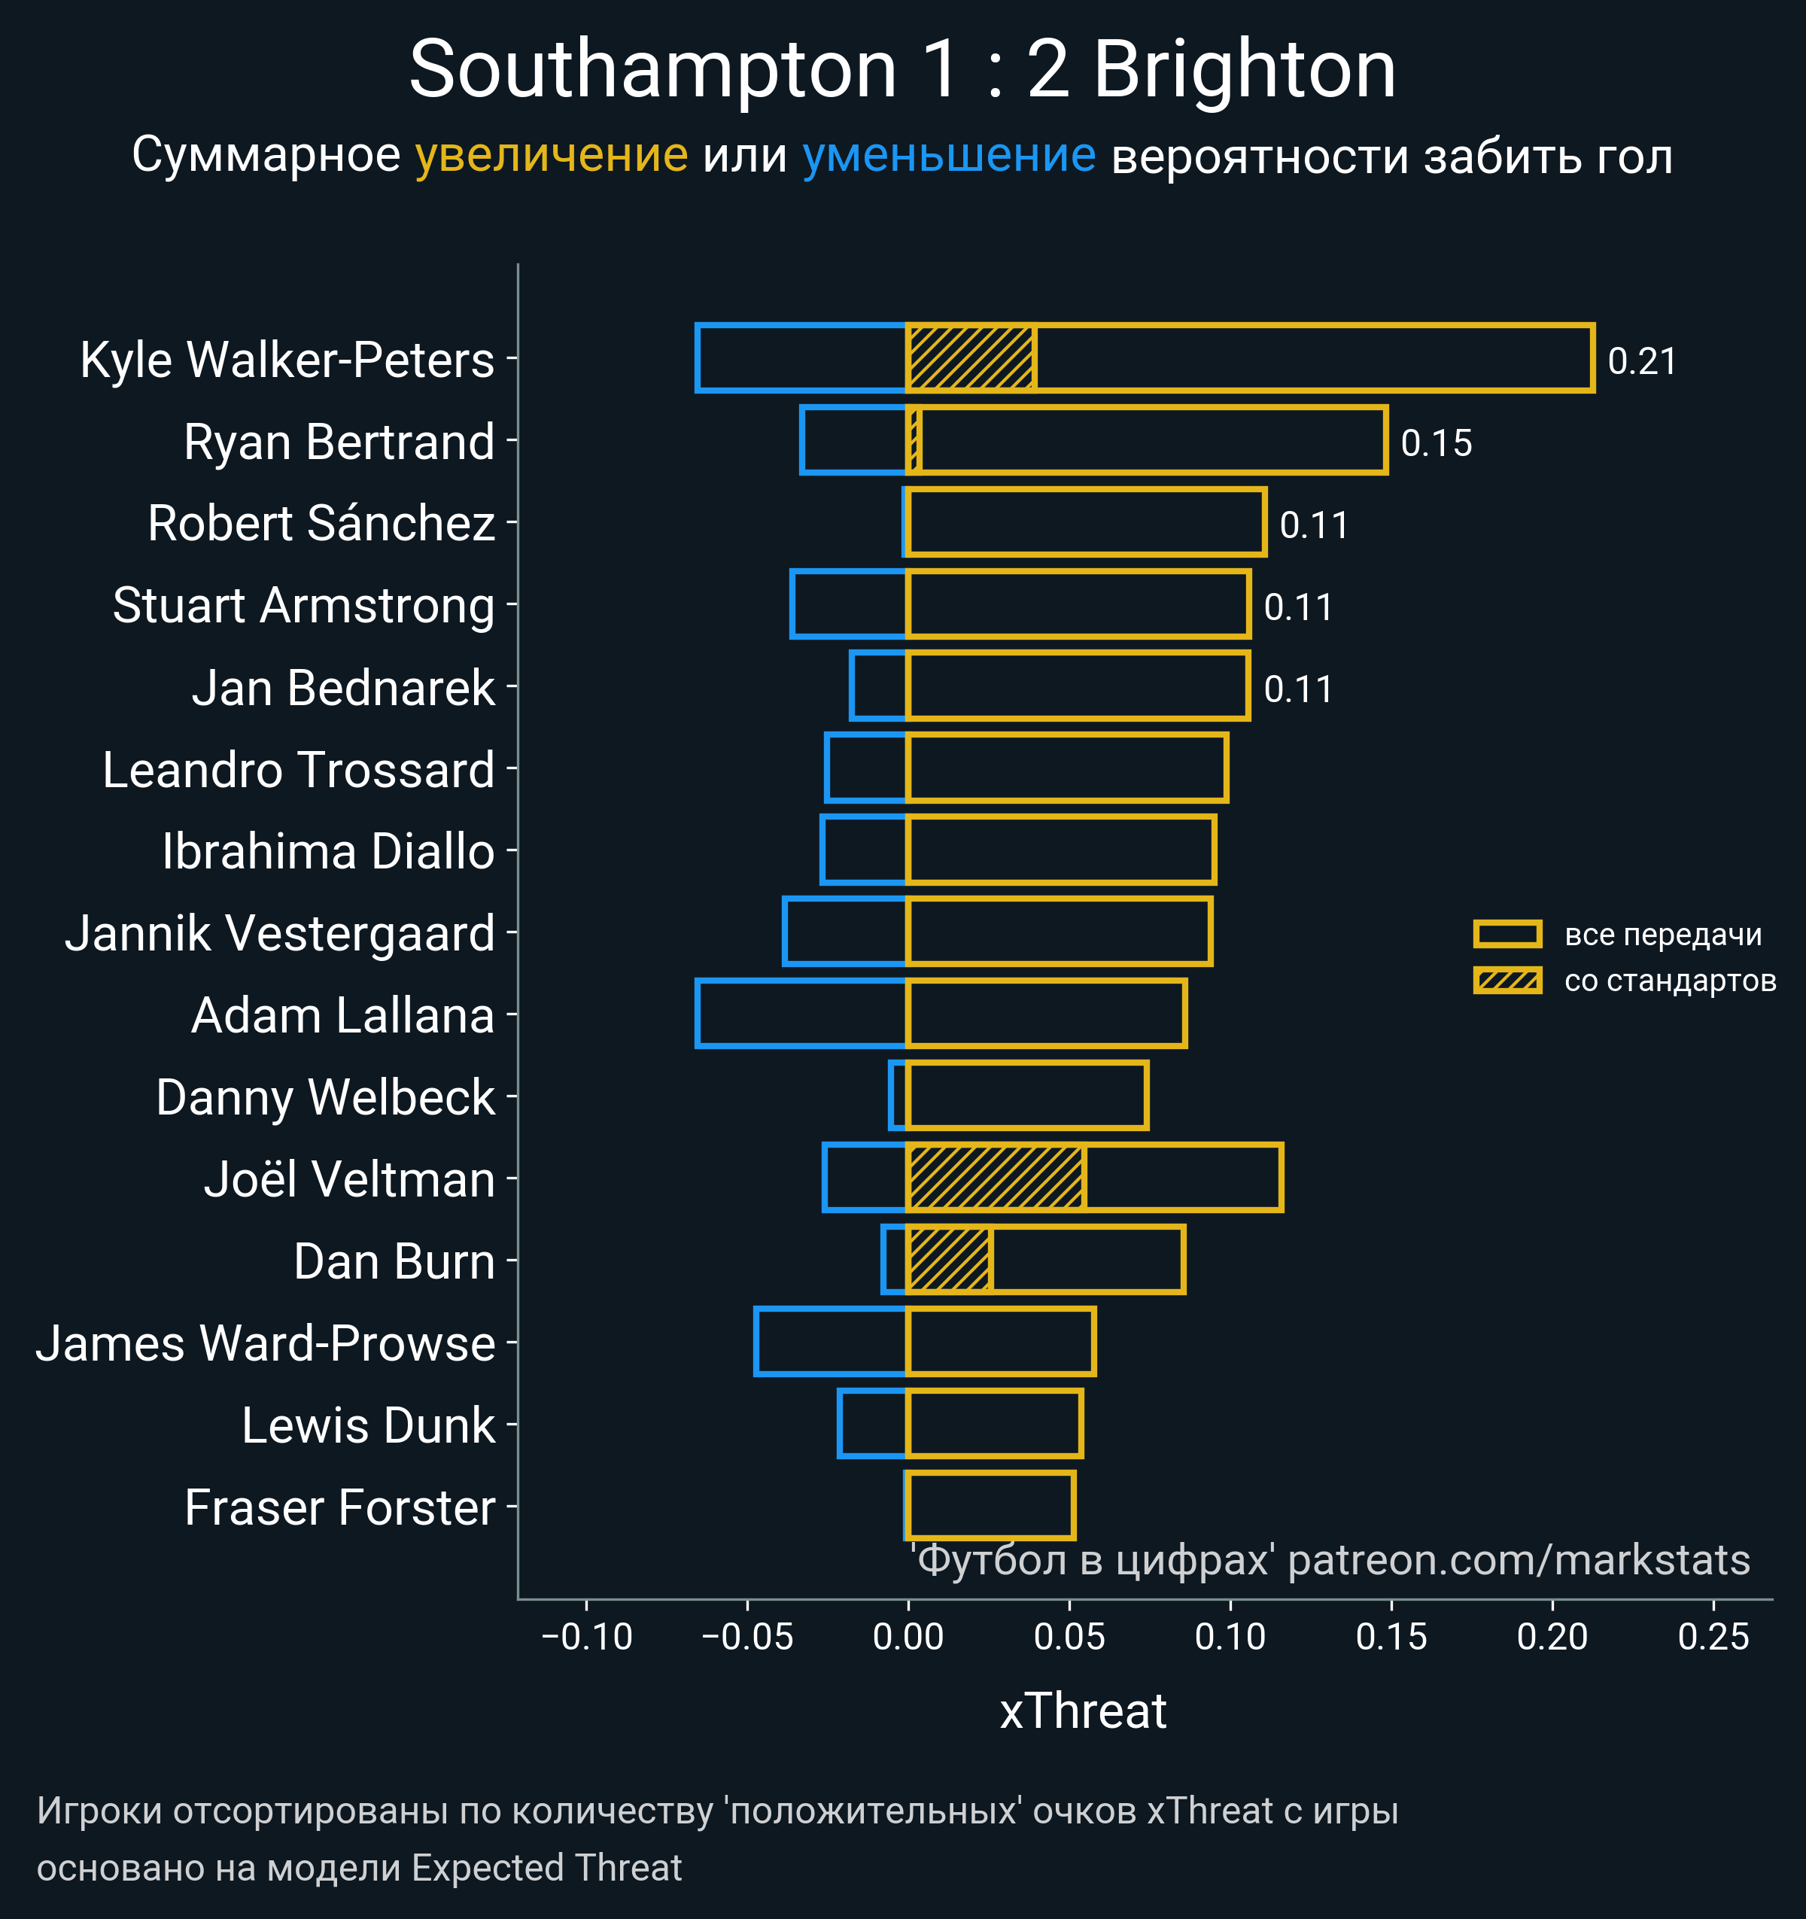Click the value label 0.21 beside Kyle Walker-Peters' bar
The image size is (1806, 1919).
[x=1641, y=361]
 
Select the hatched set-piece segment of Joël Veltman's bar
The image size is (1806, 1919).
[x=996, y=1177]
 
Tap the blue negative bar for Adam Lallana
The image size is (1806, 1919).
[x=800, y=1013]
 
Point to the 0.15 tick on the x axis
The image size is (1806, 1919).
[x=1391, y=1636]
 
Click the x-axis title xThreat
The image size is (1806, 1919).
[x=1083, y=1711]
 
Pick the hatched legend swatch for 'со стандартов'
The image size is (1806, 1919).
[x=1507, y=981]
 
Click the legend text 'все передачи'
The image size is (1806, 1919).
[x=1663, y=935]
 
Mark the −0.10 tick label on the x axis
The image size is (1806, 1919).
[x=587, y=1636]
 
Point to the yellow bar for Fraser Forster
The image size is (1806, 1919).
[x=990, y=1505]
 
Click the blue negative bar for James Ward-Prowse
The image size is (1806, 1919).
[x=830, y=1341]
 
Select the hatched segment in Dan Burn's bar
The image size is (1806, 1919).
[x=950, y=1259]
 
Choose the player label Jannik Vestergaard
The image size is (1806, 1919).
[x=280, y=933]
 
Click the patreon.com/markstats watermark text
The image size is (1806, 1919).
[x=1519, y=1561]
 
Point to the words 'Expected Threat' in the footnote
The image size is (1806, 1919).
[x=546, y=1868]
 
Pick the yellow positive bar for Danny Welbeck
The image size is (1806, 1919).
[x=1027, y=1095]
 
